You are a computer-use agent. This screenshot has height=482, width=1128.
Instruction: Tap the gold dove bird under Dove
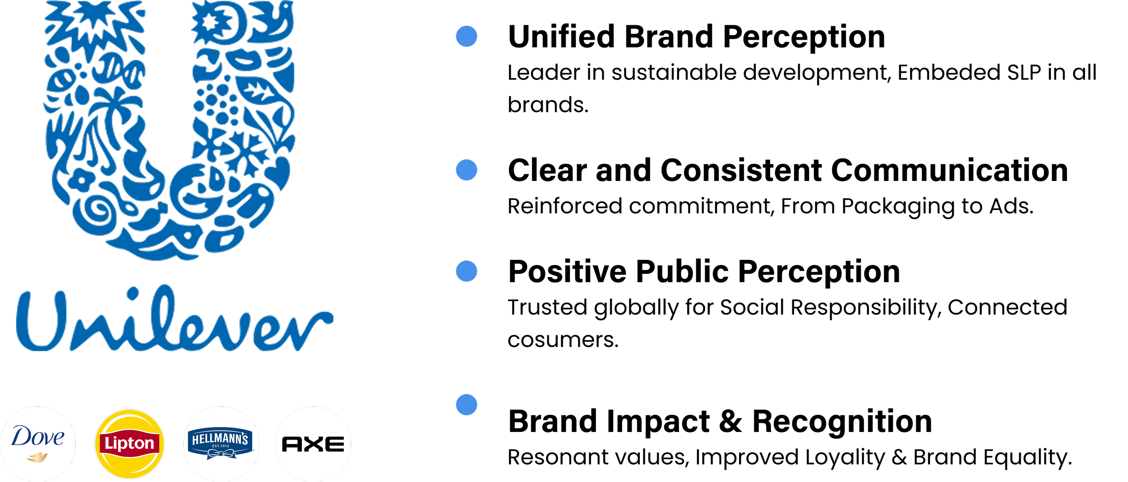[37, 458]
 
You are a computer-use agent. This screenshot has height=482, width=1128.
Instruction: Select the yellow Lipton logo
[129, 444]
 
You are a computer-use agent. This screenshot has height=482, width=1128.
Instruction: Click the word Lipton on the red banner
[129, 444]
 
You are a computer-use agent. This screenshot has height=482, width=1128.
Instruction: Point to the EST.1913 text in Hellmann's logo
[221, 446]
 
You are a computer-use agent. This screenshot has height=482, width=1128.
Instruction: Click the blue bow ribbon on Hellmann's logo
[221, 454]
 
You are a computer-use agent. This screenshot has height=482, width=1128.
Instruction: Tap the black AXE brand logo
[313, 444]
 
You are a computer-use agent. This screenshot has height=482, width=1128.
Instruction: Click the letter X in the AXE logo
[313, 444]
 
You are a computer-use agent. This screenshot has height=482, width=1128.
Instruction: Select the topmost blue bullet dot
[467, 36]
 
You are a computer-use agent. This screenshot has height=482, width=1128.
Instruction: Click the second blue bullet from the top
[467, 170]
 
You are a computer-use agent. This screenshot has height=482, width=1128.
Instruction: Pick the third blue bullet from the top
[467, 271]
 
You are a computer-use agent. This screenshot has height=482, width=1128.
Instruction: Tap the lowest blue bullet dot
[467, 405]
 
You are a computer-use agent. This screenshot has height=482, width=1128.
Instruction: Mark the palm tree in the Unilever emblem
[111, 108]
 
